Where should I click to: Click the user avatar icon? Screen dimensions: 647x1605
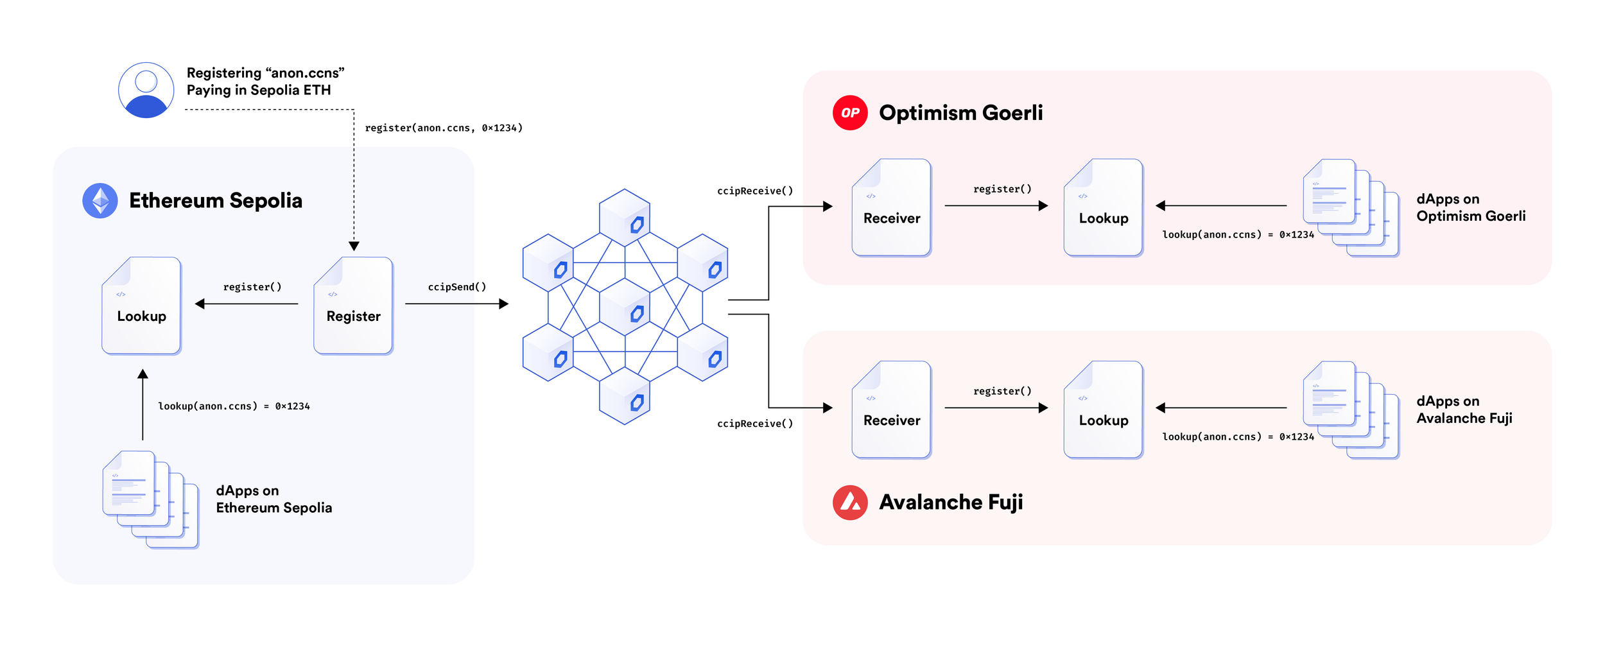[146, 90]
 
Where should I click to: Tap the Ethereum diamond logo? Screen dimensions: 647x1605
[100, 201]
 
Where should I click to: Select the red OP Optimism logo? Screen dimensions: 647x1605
[850, 113]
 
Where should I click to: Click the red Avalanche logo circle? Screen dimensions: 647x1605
[850, 503]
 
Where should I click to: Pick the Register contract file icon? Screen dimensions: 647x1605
[353, 306]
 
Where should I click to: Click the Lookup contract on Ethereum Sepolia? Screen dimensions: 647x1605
[141, 306]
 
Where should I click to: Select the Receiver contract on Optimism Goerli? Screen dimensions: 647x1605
[891, 207]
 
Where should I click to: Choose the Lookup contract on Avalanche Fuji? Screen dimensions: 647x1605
[1103, 410]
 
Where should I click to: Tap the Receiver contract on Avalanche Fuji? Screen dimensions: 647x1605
[891, 410]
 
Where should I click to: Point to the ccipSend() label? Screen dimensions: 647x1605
[457, 287]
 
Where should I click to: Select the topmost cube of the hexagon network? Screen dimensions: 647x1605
[625, 217]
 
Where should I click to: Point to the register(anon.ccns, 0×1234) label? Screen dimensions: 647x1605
[444, 128]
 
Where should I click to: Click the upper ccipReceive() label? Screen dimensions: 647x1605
[755, 191]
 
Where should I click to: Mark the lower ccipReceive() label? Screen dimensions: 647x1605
[755, 424]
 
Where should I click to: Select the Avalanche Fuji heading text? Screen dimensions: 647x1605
[951, 503]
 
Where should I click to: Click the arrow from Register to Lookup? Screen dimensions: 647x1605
[247, 304]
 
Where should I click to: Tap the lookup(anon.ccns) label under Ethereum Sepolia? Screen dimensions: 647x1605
[234, 406]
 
